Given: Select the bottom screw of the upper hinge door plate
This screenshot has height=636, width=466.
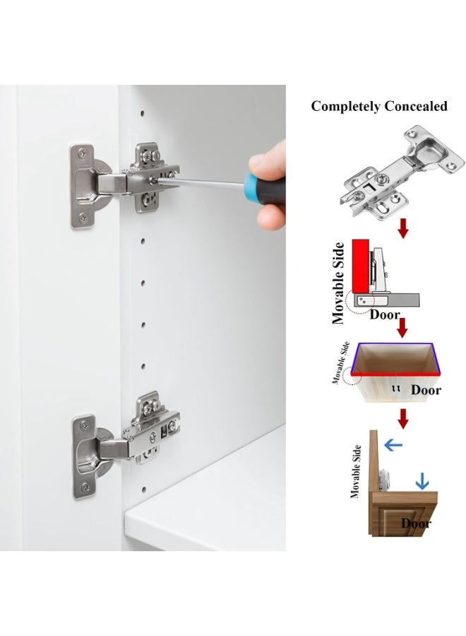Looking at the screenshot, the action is [x=84, y=218].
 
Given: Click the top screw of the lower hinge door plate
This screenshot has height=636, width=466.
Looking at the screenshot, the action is [x=84, y=425].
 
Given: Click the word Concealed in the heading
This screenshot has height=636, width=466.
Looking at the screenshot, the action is [x=416, y=106].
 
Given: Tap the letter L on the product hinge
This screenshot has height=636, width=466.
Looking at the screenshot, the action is [x=369, y=187].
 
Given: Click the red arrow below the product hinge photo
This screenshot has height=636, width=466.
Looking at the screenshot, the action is [x=402, y=228].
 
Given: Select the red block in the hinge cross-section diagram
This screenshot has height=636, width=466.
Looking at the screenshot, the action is [x=359, y=266].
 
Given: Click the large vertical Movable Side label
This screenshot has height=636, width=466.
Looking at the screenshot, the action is [x=338, y=283].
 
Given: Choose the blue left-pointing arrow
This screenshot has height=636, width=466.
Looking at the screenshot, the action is [x=393, y=445].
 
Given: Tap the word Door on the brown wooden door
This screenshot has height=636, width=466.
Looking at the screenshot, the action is [x=416, y=523].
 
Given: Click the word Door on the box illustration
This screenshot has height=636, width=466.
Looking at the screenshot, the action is [x=426, y=390].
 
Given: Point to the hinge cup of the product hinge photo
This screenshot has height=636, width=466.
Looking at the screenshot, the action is [x=429, y=149].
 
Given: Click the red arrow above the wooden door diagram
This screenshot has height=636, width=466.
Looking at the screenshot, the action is [x=402, y=418].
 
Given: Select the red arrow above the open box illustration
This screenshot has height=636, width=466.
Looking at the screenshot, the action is [x=402, y=328].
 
